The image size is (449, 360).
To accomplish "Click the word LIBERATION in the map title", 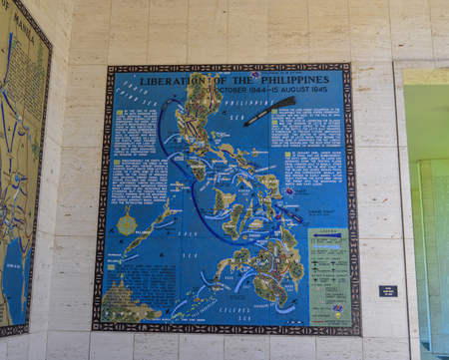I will pyautogui.click(x=171, y=80).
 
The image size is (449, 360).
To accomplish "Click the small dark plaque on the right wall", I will pyautogui.click(x=388, y=291).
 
